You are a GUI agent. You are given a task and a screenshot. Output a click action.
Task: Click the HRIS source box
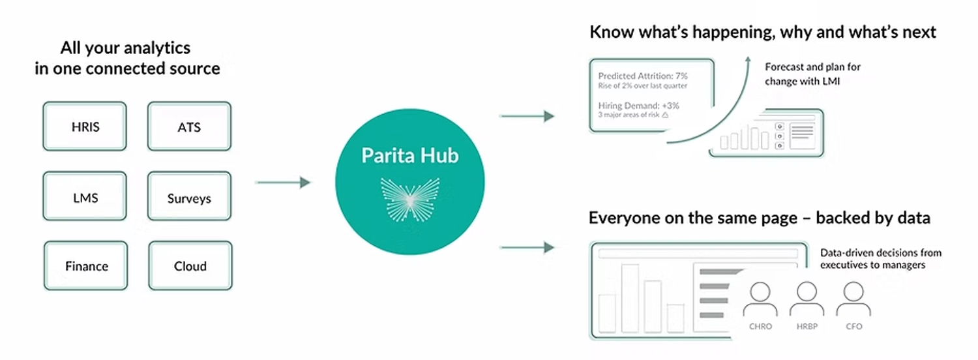(x=85, y=127)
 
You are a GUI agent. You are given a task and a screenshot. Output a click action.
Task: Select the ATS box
(x=190, y=127)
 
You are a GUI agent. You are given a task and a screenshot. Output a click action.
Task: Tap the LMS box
(x=85, y=197)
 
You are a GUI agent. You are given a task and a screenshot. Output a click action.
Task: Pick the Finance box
(x=86, y=266)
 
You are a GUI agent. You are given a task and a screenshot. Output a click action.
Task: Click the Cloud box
(x=190, y=266)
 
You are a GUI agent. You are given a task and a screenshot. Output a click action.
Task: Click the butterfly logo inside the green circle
(x=409, y=198)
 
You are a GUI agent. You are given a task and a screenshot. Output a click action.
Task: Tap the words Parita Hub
(x=410, y=156)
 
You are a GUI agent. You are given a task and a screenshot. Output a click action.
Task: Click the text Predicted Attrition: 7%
(x=643, y=75)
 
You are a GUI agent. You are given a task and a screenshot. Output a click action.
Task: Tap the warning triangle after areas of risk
(x=666, y=115)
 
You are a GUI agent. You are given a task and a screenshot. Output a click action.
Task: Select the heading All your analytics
(x=125, y=48)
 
